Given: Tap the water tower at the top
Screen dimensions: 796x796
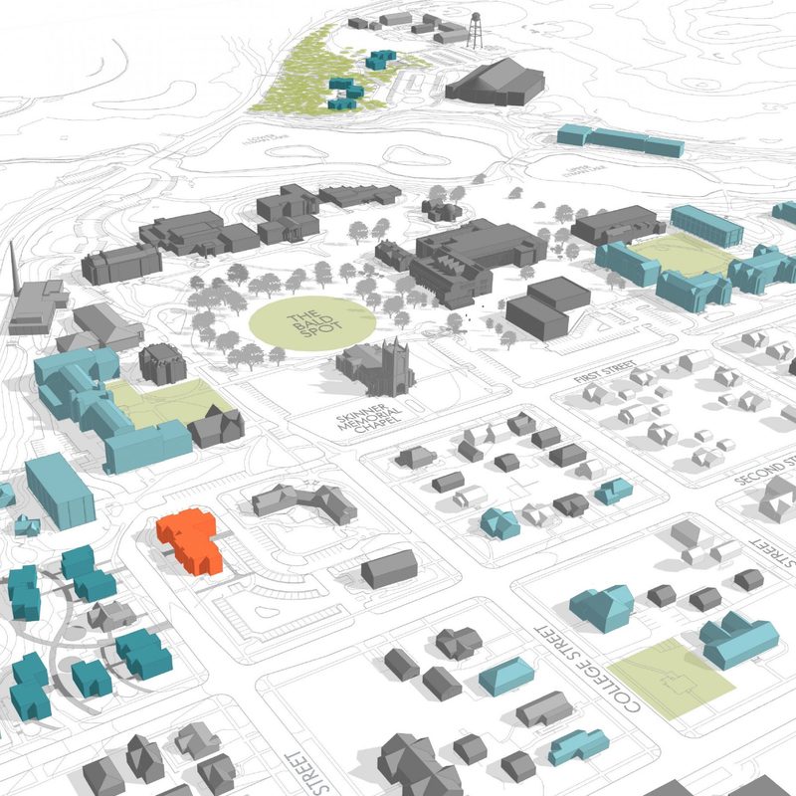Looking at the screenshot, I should click(476, 30).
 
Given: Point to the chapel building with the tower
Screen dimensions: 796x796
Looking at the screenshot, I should click(378, 366).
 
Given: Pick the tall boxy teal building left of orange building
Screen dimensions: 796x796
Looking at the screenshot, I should click(60, 490).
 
